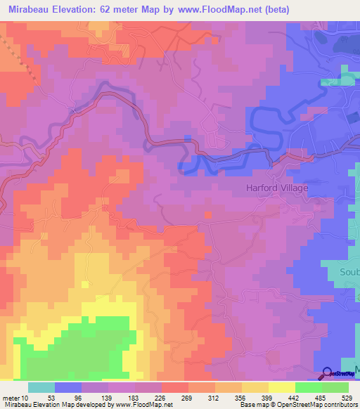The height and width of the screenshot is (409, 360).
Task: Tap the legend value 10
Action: pos(25,398)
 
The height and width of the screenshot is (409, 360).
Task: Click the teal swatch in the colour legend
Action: pos(41,387)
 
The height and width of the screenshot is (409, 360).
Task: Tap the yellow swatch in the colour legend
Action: pos(282,387)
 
